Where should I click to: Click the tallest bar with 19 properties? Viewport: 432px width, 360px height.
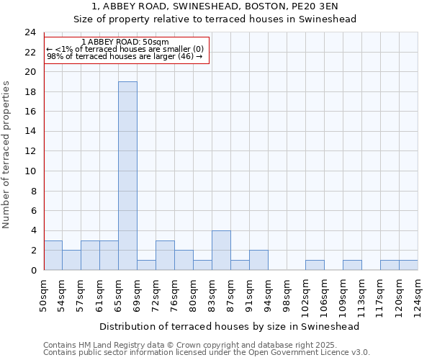(127, 176)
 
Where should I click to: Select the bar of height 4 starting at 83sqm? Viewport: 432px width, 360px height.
(221, 250)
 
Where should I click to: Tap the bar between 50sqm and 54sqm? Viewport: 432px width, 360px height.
(53, 255)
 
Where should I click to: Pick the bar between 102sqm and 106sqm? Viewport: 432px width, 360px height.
(315, 265)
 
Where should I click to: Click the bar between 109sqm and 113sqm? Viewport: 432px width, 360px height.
(352, 265)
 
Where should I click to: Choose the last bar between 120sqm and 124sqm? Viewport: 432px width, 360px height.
(408, 265)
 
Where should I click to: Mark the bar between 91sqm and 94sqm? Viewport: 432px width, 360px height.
(258, 260)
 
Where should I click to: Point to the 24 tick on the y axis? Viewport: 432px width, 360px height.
(30, 32)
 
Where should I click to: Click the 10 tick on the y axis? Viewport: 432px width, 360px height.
(30, 171)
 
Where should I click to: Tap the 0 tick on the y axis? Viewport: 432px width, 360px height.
(32, 270)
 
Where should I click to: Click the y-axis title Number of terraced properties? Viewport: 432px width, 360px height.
(7, 154)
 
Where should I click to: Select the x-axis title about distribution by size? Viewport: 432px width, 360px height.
(229, 326)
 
